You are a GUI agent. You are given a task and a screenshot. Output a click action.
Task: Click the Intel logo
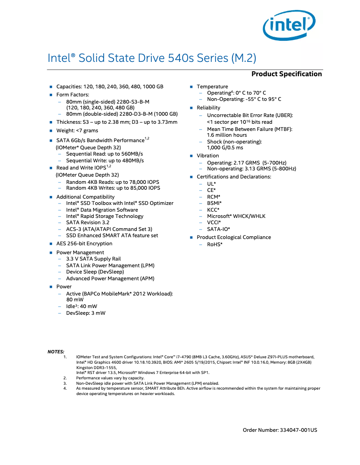pyautogui.click(x=289, y=27)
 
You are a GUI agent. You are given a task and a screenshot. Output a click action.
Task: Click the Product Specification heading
pyautogui.click(x=286, y=74)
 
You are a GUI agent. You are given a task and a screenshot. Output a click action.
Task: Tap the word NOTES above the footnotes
pyautogui.click(x=56, y=352)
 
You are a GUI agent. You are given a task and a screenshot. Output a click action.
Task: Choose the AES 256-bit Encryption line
pyautogui.click(x=84, y=243)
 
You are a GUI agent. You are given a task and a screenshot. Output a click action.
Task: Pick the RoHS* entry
pyautogui.click(x=215, y=244)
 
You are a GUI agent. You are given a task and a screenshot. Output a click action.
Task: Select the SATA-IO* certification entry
pyautogui.click(x=218, y=229)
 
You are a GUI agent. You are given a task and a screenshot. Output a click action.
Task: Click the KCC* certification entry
pyautogui.click(x=213, y=210)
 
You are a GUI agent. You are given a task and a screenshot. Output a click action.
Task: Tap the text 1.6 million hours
pyautogui.click(x=227, y=135)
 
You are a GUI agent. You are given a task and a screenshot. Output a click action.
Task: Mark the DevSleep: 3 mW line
pyautogui.click(x=86, y=313)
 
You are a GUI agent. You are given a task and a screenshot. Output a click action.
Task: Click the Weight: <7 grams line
pyautogui.click(x=77, y=130)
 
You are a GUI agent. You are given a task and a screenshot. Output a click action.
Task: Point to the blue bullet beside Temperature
pyautogui.click(x=191, y=87)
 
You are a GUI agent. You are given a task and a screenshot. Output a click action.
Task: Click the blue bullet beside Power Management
pyautogui.click(x=51, y=252)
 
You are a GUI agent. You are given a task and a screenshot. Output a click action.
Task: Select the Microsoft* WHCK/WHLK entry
pyautogui.click(x=236, y=216)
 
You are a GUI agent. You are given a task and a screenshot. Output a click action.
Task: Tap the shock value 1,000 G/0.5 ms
pyautogui.click(x=225, y=148)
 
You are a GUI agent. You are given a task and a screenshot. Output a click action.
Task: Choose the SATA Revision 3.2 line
pyautogui.click(x=88, y=222)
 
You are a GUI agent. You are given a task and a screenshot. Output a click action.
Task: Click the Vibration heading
pyautogui.click(x=208, y=156)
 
